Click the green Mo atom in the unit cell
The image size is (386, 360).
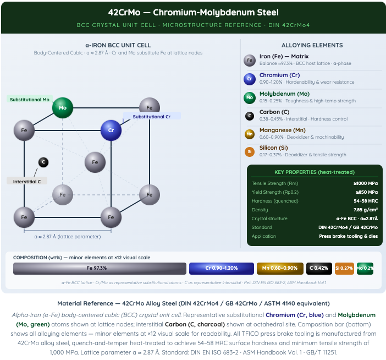(63, 108)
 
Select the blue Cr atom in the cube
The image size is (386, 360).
(111, 130)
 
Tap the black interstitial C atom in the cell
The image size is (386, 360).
(43, 162)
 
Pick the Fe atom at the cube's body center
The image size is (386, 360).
(95, 162)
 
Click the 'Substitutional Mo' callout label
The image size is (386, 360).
(30, 99)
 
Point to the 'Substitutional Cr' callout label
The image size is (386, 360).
(152, 116)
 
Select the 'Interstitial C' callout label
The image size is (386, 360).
(27, 181)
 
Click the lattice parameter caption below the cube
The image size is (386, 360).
(68, 237)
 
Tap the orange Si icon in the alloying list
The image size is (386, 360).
(250, 151)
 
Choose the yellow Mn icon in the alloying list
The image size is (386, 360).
(250, 134)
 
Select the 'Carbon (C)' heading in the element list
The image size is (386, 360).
(274, 112)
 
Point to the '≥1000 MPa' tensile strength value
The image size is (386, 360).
(366, 183)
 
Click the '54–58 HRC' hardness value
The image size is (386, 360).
(366, 201)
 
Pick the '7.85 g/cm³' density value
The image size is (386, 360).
(366, 210)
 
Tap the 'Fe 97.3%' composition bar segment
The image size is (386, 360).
(100, 268)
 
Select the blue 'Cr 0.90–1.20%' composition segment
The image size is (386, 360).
(221, 268)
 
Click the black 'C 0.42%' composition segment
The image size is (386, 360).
(319, 268)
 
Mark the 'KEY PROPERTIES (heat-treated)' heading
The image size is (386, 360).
(315, 172)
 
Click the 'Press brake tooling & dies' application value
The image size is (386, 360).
(349, 236)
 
